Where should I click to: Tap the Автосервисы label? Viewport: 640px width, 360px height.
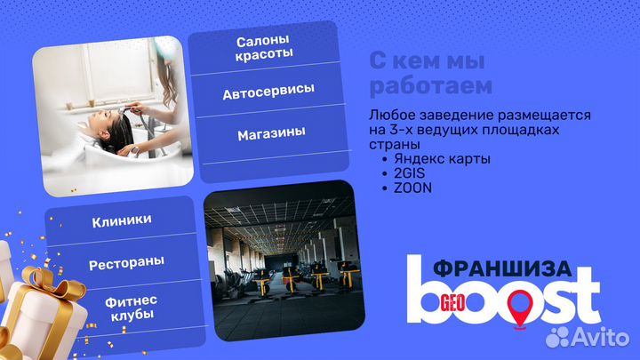tap(268, 92)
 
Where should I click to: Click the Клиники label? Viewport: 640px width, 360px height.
tap(122, 220)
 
